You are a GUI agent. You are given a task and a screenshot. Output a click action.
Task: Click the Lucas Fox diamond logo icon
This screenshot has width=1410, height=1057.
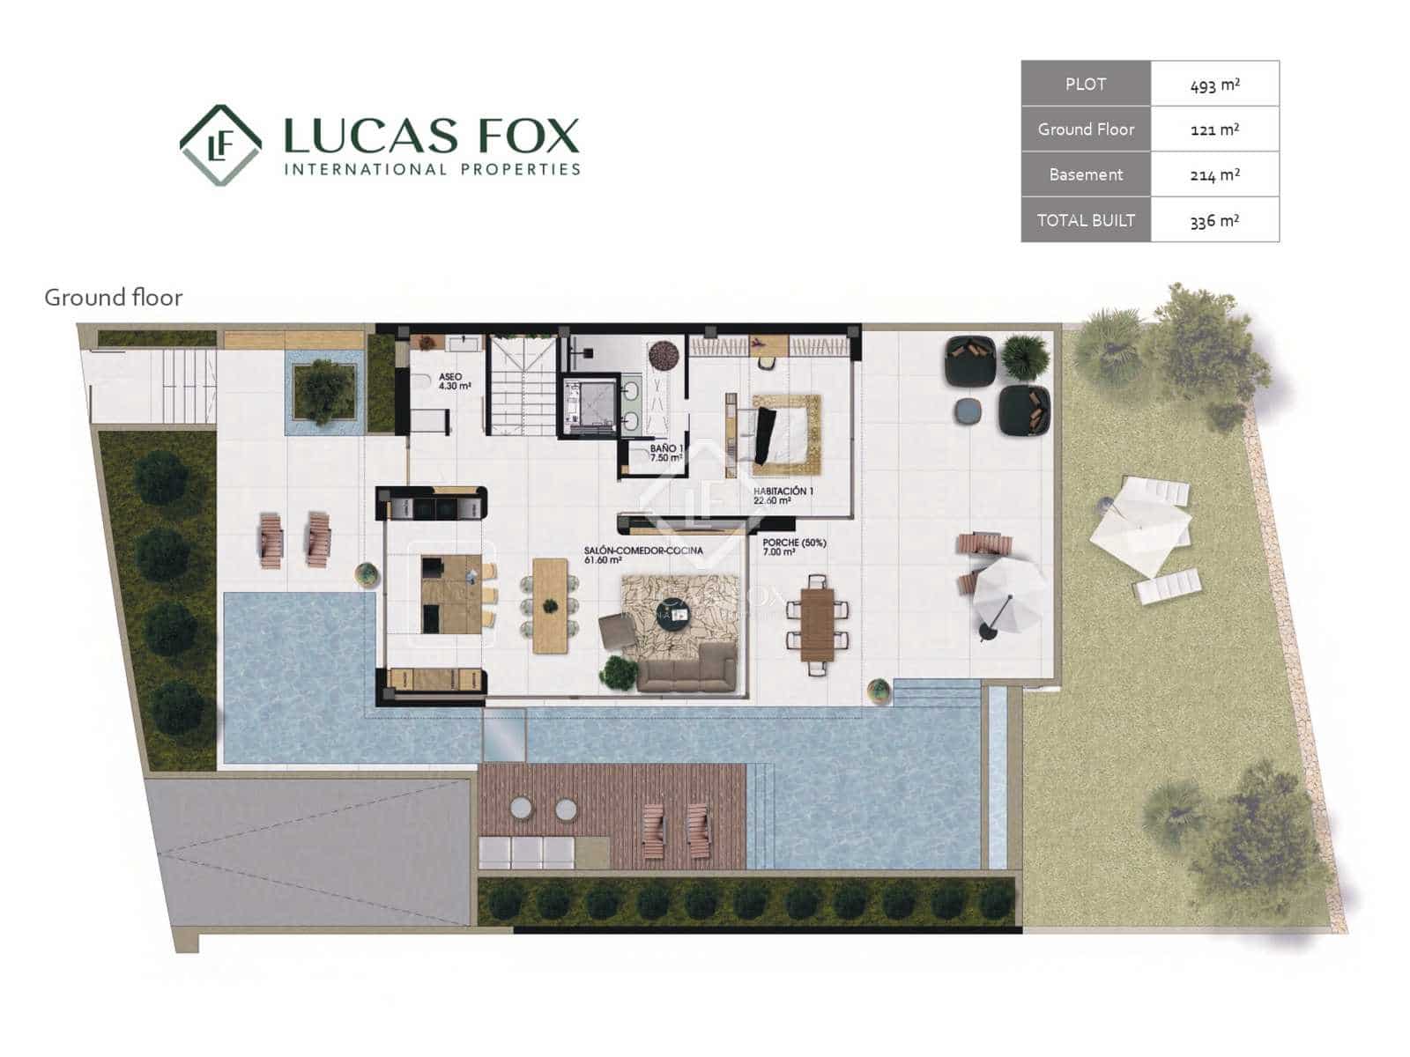pyautogui.click(x=220, y=145)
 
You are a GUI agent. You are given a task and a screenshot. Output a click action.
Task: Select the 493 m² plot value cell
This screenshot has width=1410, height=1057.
pyautogui.click(x=1214, y=85)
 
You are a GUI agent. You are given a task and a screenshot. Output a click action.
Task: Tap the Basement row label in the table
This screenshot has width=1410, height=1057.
pyautogui.click(x=1086, y=174)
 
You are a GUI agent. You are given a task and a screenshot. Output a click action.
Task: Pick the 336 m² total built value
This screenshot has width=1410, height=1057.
pyautogui.click(x=1214, y=221)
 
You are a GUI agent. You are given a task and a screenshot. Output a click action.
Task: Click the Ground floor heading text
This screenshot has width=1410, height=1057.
pyautogui.click(x=113, y=298)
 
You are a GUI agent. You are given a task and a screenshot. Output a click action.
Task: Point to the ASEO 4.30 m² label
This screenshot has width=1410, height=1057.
pyautogui.click(x=453, y=381)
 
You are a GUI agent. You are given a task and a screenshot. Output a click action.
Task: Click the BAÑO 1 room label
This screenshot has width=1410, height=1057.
pyautogui.click(x=666, y=453)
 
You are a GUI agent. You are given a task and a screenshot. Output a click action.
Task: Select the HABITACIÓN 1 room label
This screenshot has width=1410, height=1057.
pyautogui.click(x=783, y=495)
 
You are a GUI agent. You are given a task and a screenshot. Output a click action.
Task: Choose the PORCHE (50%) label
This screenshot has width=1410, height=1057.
pyautogui.click(x=794, y=547)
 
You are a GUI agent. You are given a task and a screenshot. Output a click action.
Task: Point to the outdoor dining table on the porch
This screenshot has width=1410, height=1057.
pyautogui.click(x=817, y=624)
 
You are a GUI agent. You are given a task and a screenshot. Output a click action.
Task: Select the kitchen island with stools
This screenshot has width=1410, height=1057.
pyautogui.click(x=451, y=595)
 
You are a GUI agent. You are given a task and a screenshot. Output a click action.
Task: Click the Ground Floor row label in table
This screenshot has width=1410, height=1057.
pyautogui.click(x=1086, y=129)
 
